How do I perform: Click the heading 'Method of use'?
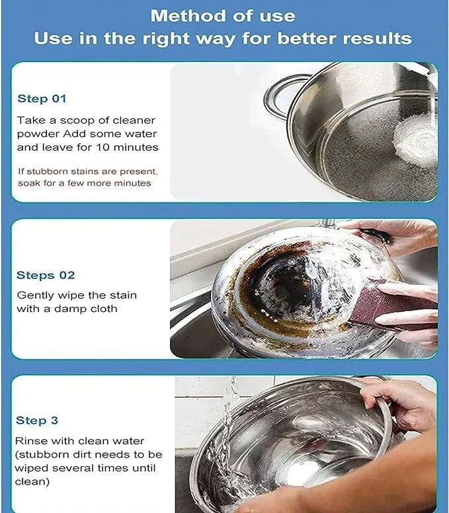click(x=224, y=15)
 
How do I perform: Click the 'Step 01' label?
click(x=42, y=99)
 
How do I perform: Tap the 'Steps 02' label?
click(x=46, y=275)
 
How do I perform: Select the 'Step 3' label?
click(x=37, y=420)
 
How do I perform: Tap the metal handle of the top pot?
click(x=278, y=93)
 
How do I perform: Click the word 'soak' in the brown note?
click(x=29, y=183)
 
